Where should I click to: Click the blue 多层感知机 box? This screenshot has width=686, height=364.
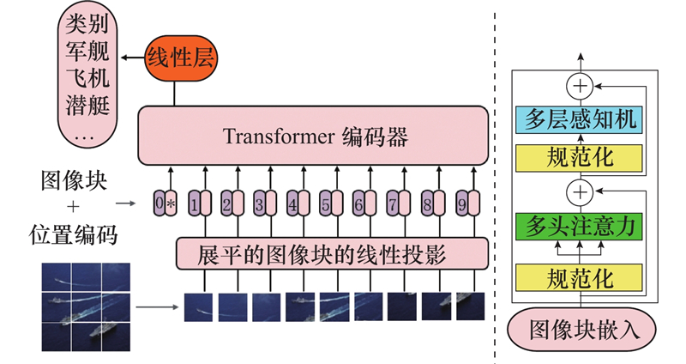coord(582,119)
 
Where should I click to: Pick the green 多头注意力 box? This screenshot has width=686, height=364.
coord(582,227)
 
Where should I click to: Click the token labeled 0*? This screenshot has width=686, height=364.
coord(164,205)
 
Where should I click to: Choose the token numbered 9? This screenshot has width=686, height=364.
coord(464,205)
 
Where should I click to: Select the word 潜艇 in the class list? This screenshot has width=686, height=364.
coord(86,106)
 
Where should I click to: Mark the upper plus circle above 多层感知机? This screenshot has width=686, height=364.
coord(581,86)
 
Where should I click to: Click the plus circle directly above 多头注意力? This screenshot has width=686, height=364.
coord(581,191)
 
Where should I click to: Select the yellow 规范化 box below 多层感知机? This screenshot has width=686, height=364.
coord(582,157)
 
